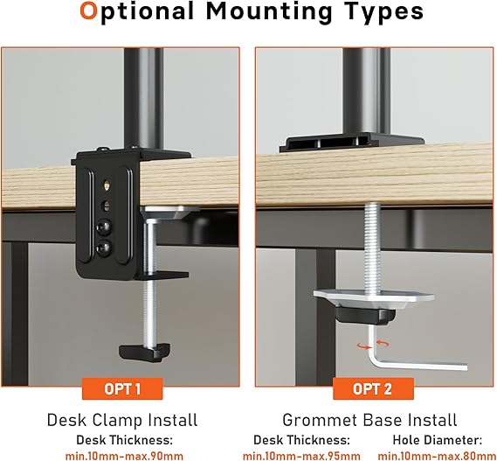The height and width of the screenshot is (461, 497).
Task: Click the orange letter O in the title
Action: (88, 10)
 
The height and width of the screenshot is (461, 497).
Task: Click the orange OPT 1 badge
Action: (122, 388)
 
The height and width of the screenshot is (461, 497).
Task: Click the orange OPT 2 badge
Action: (373, 388)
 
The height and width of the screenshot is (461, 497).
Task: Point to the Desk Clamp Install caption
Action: (122, 420)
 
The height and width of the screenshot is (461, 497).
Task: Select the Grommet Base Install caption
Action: (369, 420)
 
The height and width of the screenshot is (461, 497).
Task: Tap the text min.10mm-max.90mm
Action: (124, 456)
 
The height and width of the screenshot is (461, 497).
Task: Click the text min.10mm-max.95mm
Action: (301, 456)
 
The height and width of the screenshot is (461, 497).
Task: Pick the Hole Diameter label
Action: (438, 440)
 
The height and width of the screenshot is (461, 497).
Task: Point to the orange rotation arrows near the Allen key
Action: (373, 345)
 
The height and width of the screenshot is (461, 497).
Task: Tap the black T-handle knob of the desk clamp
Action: (144, 352)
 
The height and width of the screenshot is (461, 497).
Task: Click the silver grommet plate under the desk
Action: (373, 297)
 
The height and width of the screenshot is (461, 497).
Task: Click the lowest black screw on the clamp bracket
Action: (104, 247)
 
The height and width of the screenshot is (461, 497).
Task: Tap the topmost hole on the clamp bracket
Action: (107, 185)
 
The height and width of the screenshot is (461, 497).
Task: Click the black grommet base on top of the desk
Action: (352, 143)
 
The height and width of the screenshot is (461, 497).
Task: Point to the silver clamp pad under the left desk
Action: (170, 212)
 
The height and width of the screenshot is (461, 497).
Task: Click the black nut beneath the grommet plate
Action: (366, 314)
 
